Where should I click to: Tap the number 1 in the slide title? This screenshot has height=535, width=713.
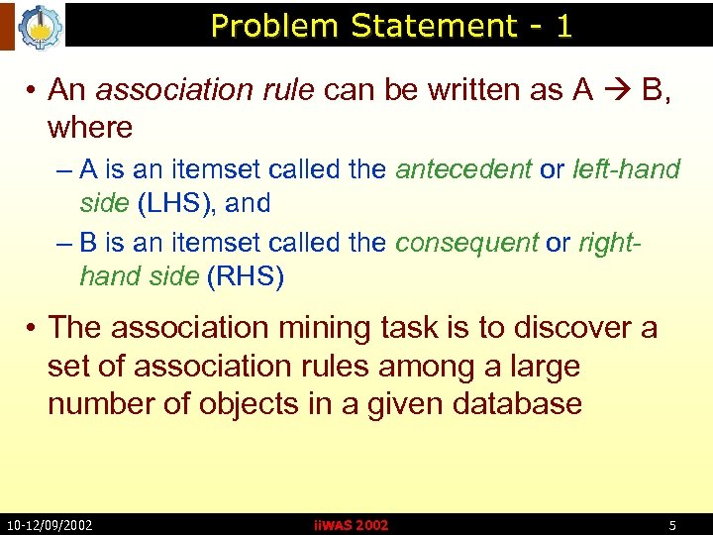pyautogui.click(x=563, y=26)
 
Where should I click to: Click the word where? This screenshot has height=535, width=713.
pyautogui.click(x=90, y=128)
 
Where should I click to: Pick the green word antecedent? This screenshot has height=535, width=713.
pyautogui.click(x=463, y=169)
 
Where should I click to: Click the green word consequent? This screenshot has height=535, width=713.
pyautogui.click(x=466, y=244)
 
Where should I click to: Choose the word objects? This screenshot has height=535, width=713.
pyautogui.click(x=239, y=404)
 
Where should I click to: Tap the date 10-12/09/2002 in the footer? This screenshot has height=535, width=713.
pyautogui.click(x=50, y=524)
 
